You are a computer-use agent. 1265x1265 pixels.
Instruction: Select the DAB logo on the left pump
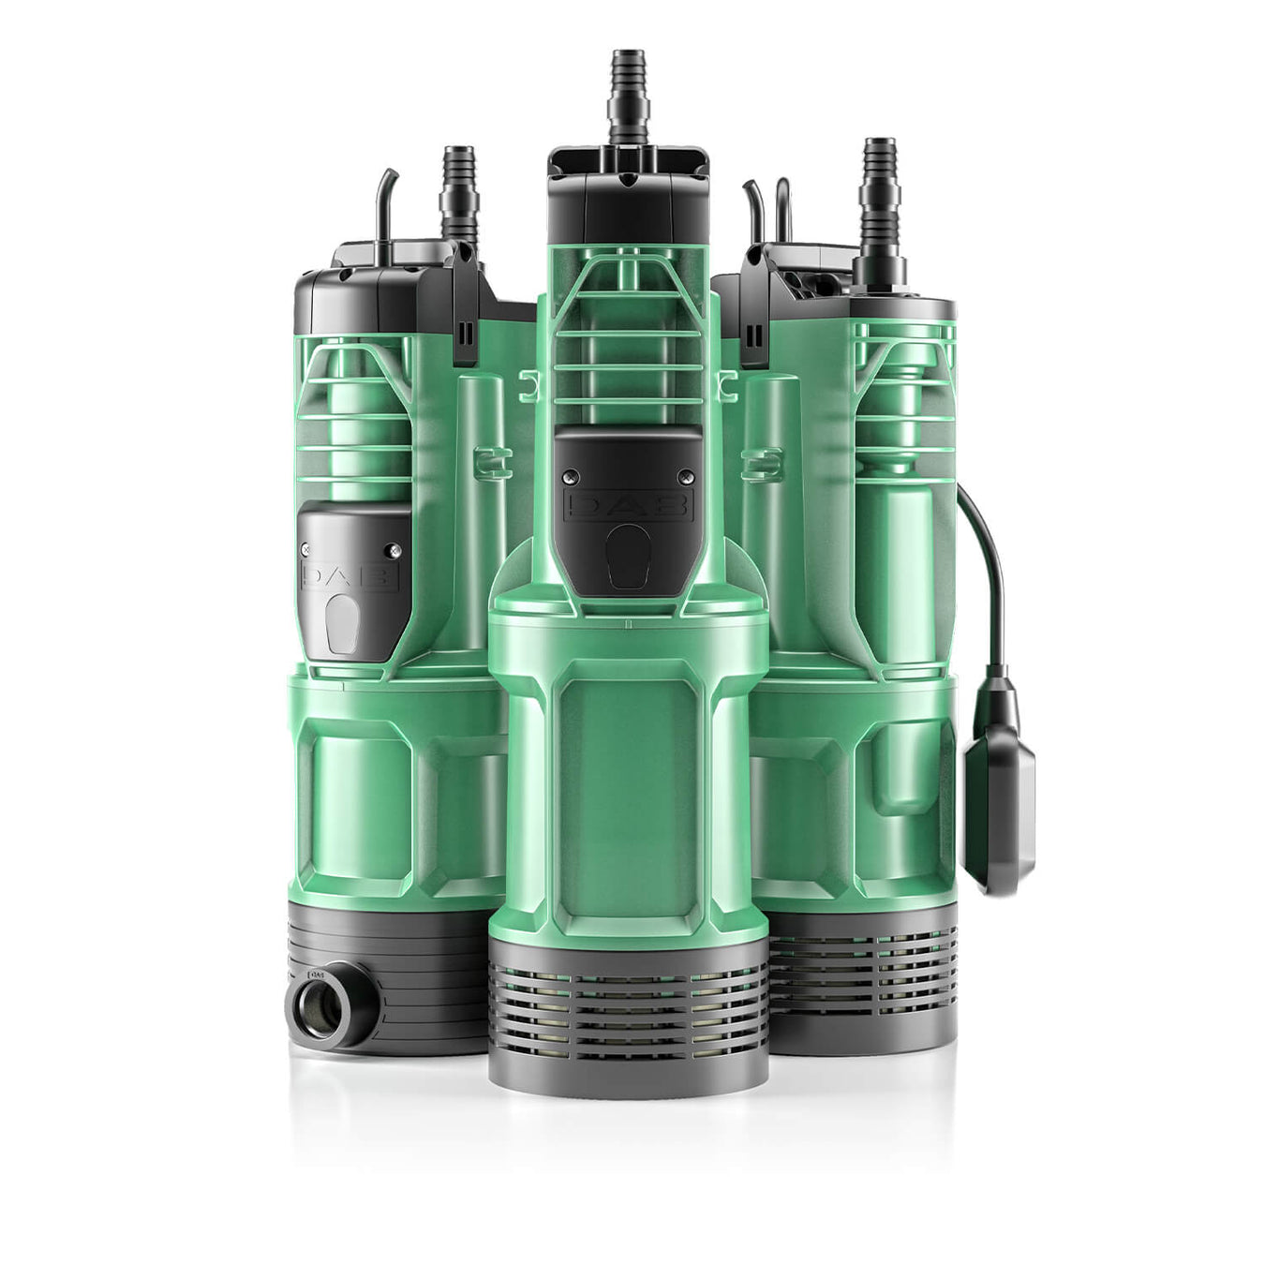click(350, 573)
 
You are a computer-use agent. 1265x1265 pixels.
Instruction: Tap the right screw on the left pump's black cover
click(394, 550)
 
